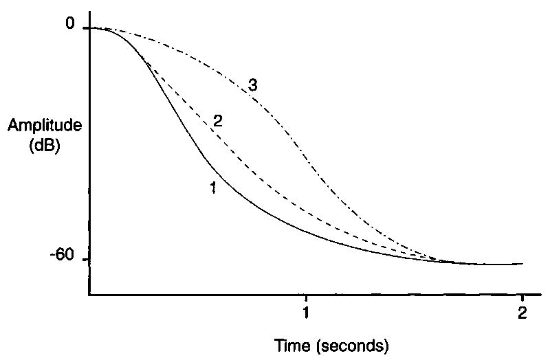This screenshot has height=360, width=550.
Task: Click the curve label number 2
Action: coord(218,122)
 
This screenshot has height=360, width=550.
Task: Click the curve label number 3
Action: coord(253,86)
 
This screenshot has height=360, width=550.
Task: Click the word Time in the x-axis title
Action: coord(289,343)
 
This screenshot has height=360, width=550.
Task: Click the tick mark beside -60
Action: coord(86,260)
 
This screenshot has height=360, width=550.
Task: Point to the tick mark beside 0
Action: coord(86,28)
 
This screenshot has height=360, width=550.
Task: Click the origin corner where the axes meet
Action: coord(89,295)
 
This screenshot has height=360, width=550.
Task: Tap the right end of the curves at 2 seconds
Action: coord(522,263)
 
